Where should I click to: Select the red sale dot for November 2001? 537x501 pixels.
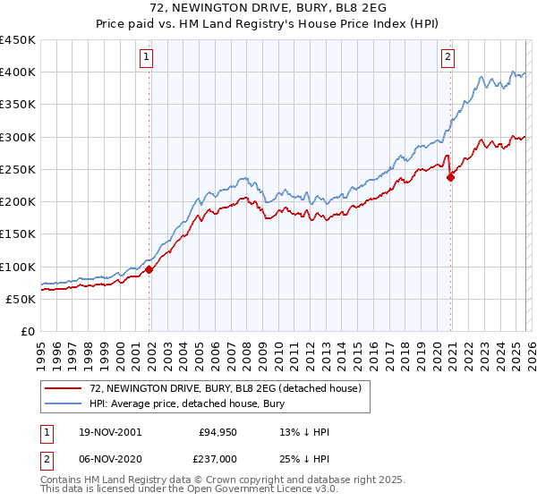pyautogui.click(x=149, y=269)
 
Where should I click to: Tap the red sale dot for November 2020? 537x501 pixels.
pyautogui.click(x=450, y=177)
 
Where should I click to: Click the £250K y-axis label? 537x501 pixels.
pyautogui.click(x=18, y=169)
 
